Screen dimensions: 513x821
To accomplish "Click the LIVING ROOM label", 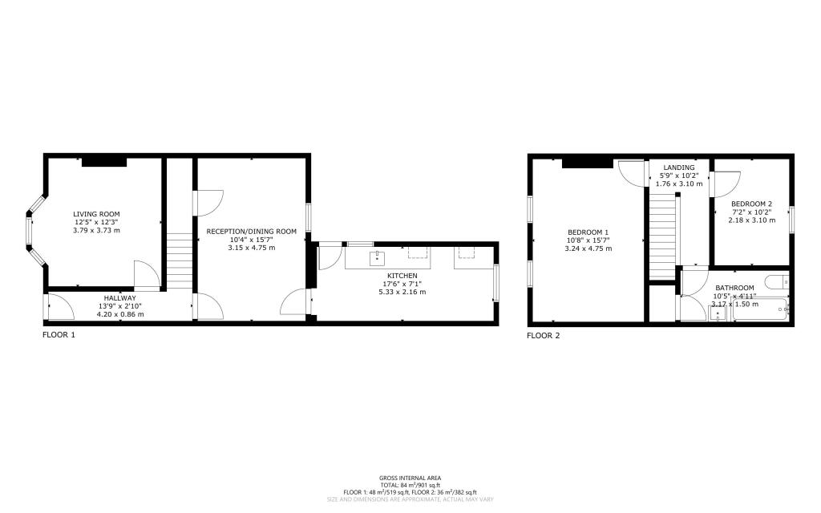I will point(96,214).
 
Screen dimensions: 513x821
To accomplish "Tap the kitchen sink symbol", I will point(375,257).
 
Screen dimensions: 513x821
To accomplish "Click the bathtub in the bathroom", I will point(761,309).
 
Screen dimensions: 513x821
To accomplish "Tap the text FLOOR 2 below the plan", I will point(543,336).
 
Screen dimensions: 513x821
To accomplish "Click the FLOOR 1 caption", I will point(59,336).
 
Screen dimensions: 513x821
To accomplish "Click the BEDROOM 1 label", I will point(588,232).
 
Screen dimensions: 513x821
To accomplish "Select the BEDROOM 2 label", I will point(751,204).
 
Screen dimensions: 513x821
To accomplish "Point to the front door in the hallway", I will point(56,307).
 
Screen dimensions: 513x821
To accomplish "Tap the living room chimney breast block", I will point(104,162).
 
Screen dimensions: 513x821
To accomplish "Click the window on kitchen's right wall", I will point(496,283).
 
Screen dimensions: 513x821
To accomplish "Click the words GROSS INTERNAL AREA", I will point(410,478).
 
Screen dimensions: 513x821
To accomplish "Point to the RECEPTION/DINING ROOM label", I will point(251,232).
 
